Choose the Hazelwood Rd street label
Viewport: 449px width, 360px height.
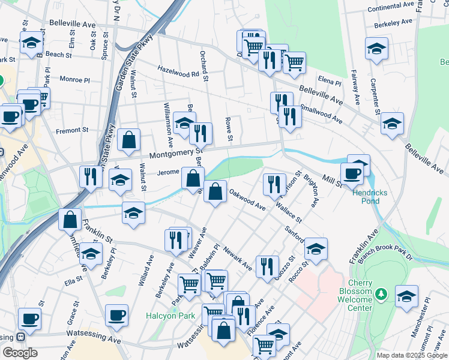(x=178, y=74)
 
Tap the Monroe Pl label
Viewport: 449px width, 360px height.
(x=74, y=79)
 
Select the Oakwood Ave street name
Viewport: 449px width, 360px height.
(x=247, y=201)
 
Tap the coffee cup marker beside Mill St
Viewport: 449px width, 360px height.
(x=352, y=173)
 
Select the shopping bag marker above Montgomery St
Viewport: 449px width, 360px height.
(x=128, y=140)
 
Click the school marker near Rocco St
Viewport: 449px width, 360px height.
(x=316, y=248)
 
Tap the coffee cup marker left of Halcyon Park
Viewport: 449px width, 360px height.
(x=117, y=314)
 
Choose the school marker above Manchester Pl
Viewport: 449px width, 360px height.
(x=406, y=296)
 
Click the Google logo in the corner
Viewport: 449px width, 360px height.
(x=20, y=353)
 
